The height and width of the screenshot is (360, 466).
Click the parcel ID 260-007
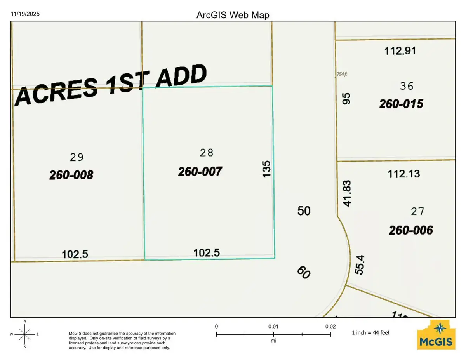click(x=200, y=171)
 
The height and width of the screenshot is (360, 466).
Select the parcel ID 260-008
click(x=71, y=175)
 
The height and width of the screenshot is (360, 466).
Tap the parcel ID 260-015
click(x=401, y=104)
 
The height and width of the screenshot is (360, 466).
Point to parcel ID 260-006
click(x=411, y=230)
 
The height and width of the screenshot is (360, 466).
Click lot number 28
click(x=206, y=153)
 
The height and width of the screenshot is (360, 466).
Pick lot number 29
click(x=77, y=157)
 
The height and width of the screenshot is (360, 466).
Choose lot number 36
click(x=406, y=86)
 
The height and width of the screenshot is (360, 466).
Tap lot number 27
click(x=417, y=212)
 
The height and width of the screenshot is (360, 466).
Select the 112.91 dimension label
click(x=400, y=50)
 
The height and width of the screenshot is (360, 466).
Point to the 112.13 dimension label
click(x=403, y=174)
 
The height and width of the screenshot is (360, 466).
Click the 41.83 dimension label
click(x=347, y=193)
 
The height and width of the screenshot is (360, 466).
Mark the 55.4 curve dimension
click(x=360, y=263)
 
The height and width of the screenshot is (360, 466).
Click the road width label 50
click(x=304, y=211)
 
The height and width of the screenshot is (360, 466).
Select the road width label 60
click(x=304, y=272)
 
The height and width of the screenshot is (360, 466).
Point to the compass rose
click(x=25, y=334)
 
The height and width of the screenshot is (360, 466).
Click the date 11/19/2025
click(x=25, y=14)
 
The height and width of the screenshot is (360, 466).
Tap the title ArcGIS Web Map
click(x=233, y=15)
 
